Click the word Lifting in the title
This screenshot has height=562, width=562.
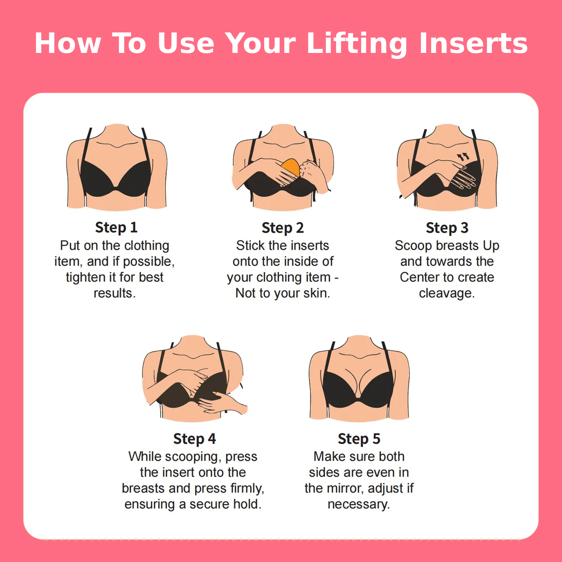pos(357,44)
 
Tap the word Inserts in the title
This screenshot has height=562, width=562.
pos(473,44)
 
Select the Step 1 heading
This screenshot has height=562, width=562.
pos(116,228)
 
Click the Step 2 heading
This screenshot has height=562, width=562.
pos(282,228)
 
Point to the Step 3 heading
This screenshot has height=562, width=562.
pos(447,228)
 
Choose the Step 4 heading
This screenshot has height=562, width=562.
pos(194,439)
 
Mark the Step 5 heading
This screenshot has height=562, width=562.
pos(359,439)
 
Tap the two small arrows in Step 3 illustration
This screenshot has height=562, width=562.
pos(463,157)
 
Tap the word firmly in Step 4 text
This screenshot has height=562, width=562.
pos(247,488)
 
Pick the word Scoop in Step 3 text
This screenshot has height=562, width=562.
pos(413,245)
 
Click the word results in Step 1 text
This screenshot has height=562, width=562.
pos(114,293)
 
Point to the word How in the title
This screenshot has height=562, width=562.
pos(67,44)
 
